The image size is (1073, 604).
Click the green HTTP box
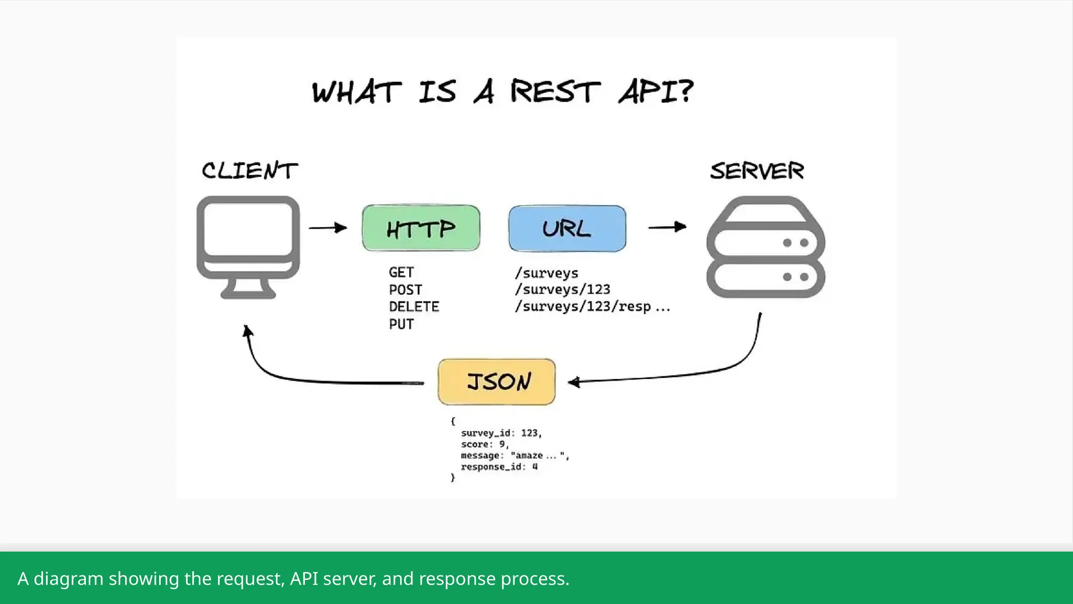[421, 228]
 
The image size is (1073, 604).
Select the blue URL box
[567, 229]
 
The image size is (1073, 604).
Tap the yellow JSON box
[496, 382]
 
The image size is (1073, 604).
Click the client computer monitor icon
[248, 246]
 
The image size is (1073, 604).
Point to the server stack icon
[765, 247]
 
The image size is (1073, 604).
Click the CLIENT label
[249, 171]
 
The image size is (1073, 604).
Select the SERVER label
[757, 171]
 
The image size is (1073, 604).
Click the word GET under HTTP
[401, 273]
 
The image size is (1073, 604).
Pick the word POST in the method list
[405, 290]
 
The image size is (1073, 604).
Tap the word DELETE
[414, 307]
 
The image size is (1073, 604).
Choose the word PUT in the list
[401, 324]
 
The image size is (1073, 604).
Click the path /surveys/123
[562, 289]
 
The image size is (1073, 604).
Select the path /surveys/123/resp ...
[583, 306]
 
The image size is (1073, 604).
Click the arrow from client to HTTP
[327, 228]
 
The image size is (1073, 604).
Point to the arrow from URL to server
[667, 227]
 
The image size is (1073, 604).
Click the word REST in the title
[555, 92]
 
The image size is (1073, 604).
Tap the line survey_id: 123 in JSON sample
[501, 433]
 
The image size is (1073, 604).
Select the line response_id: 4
[499, 467]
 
